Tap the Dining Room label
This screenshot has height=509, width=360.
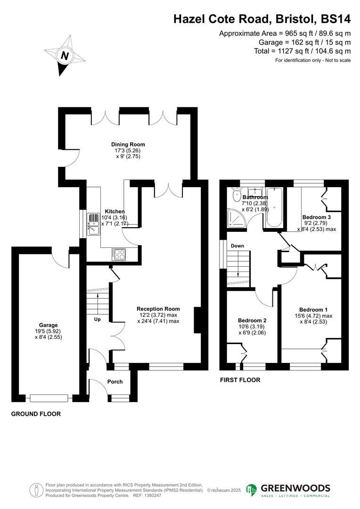128,145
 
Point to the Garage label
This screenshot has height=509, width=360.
49,325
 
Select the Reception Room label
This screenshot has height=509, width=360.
158,309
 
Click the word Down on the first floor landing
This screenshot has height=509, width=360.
237,246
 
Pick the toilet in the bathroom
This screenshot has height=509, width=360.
236,196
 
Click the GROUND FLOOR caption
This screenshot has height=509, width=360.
36,414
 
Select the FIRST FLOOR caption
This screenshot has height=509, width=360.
240,379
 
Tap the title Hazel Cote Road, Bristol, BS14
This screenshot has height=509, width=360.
262,19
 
